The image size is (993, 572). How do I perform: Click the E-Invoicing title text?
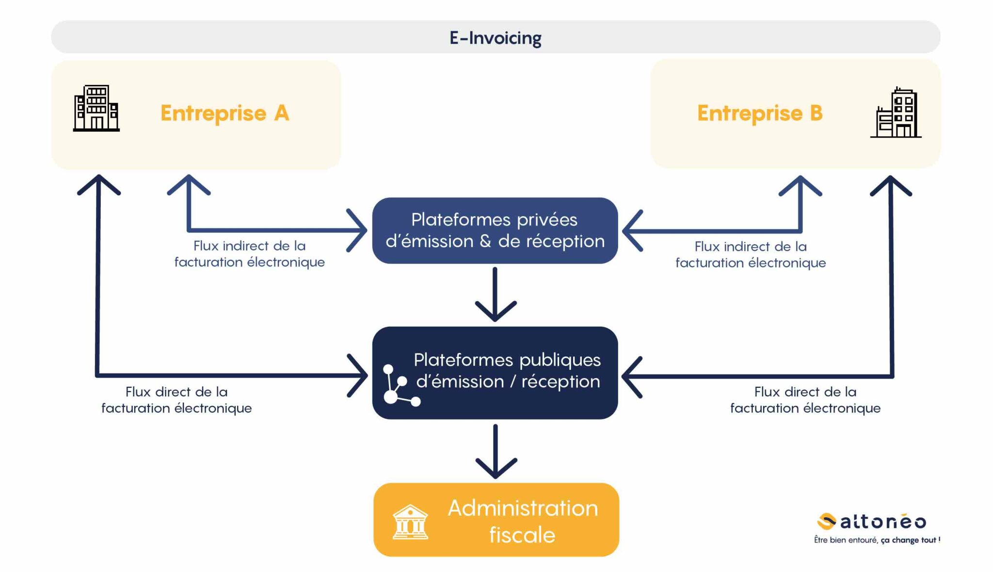495,38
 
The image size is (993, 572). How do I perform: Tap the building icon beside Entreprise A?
96,108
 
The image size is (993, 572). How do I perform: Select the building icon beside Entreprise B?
896,112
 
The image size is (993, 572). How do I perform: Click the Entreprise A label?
224,113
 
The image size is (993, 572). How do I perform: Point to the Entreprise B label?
760,113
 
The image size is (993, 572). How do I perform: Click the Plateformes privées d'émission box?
495,231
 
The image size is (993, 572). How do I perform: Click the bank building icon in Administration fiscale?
410,522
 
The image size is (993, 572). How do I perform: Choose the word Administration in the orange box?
523,508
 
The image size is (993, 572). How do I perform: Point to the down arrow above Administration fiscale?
496,452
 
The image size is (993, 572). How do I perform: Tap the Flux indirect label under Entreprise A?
249,254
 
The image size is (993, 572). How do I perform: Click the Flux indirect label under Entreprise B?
751,254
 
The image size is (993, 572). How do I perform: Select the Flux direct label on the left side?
176,400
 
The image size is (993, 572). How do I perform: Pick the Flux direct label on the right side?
805,400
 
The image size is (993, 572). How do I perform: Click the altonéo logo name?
883,522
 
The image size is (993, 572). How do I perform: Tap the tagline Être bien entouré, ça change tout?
877,540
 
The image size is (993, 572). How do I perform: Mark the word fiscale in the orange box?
522,535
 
